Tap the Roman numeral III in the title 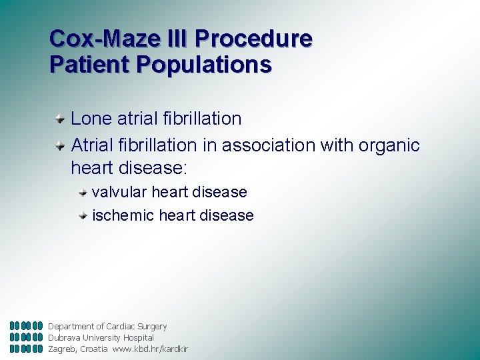point(177,39)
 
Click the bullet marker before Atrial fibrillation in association point(60,145)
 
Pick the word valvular point(119,193)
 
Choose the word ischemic point(120,215)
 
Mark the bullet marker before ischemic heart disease point(83,215)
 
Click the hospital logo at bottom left point(27,337)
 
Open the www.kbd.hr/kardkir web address point(150,349)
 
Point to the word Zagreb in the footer point(63,349)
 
